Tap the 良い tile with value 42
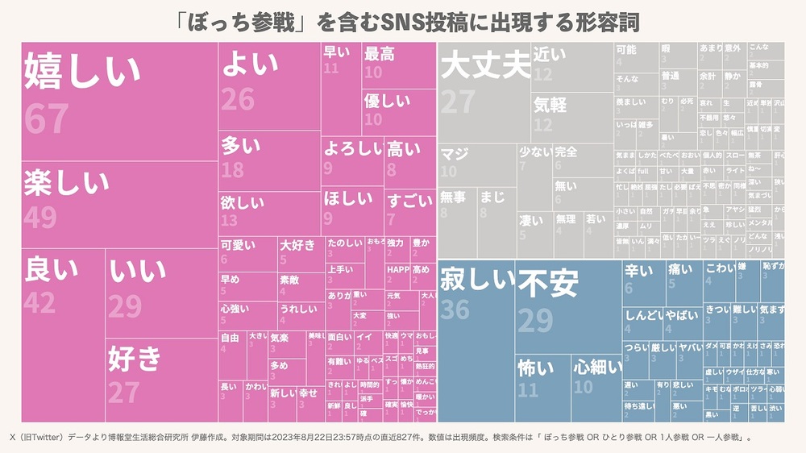click(x=63, y=335)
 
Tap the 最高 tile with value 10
click(x=397, y=64)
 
